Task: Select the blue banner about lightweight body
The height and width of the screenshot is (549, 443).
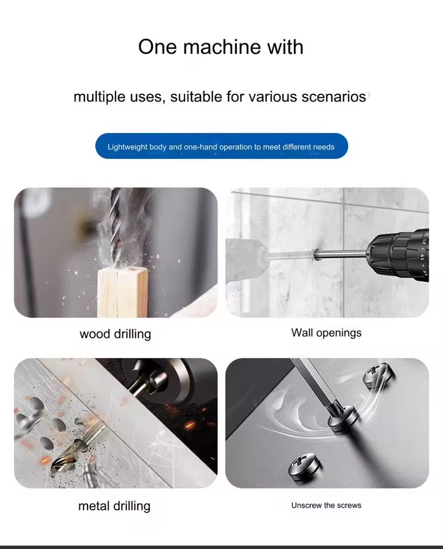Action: (222, 146)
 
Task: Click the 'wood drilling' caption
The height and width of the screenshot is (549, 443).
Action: (115, 334)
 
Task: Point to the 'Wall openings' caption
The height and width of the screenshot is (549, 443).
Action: (326, 333)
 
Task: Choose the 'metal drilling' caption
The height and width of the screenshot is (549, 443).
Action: (114, 506)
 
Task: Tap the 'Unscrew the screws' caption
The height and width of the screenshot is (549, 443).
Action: (326, 505)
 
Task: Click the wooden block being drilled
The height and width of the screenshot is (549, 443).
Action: (122, 292)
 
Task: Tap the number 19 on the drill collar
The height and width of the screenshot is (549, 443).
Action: (422, 257)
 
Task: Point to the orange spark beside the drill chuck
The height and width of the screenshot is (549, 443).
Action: (189, 425)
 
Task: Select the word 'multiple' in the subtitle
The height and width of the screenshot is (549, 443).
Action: (99, 97)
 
